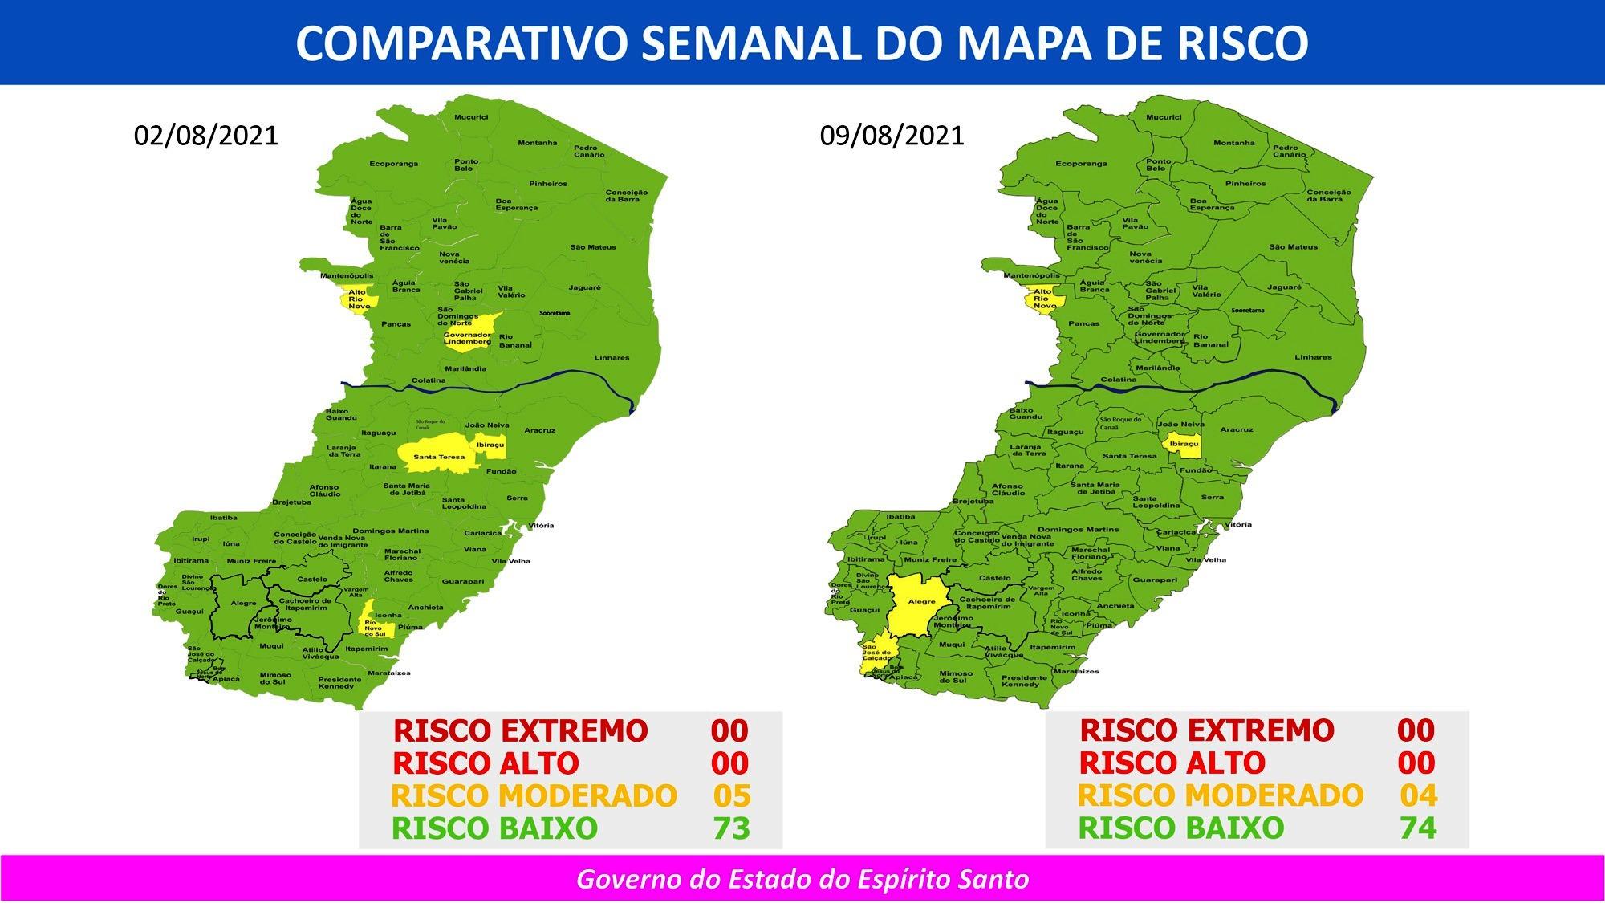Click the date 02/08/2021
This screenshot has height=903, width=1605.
pos(206,135)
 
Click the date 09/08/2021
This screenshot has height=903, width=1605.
pos(892,135)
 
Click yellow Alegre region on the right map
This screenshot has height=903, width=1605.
pos(920,602)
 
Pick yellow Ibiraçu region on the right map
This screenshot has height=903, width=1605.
pos(1184,444)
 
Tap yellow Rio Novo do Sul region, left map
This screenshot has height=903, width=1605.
pos(375,622)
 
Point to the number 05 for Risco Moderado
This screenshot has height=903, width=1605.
pos(731,795)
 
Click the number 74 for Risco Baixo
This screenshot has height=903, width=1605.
pos(1418,828)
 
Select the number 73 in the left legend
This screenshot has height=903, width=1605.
pos(731,828)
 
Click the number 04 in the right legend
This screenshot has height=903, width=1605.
pos(1418,795)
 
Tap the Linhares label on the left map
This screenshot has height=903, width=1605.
pos(612,358)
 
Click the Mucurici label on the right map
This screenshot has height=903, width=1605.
pos(1164,117)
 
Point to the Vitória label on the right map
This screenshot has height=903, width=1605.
pos(1237,524)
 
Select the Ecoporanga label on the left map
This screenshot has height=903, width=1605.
pos(393,164)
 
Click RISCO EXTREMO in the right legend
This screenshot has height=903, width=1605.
pos(1206,730)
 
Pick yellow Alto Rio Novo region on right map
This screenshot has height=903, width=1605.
pos(1043,299)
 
